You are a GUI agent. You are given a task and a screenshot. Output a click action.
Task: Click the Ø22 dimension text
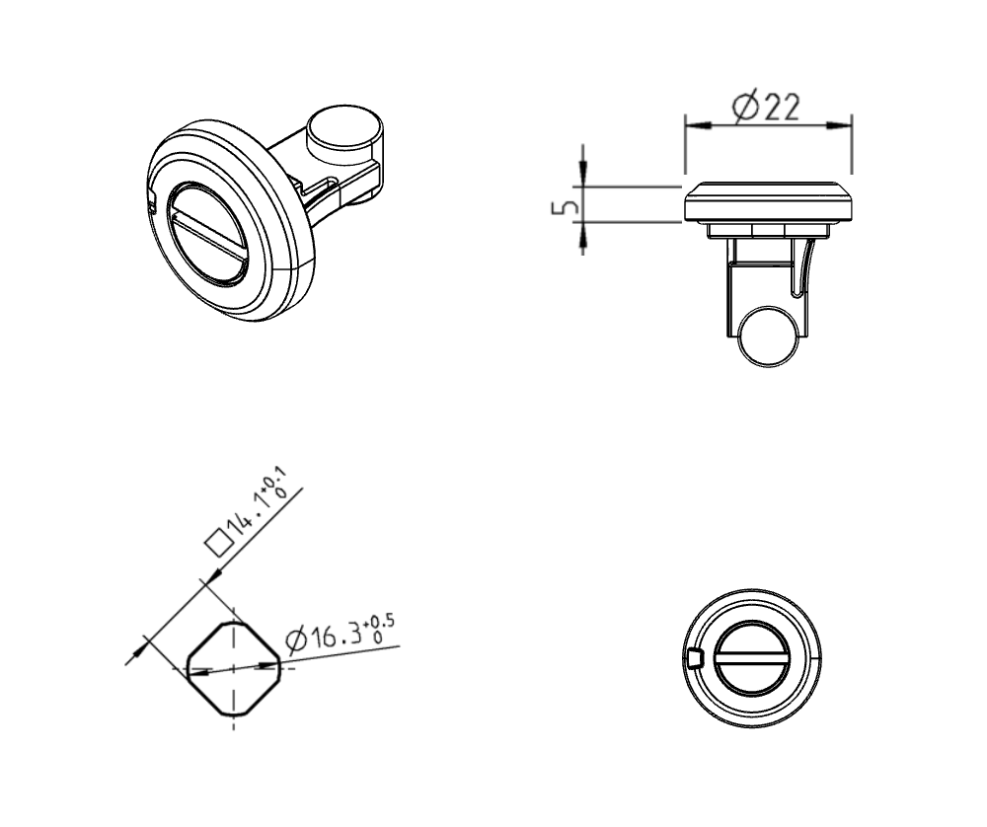pyautogui.click(x=767, y=106)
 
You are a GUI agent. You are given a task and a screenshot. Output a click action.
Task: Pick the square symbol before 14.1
pyautogui.click(x=214, y=542)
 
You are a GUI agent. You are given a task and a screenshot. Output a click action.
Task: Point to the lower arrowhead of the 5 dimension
pyautogui.click(x=582, y=233)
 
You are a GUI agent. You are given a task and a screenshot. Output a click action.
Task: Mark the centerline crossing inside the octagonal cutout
pyautogui.click(x=233, y=668)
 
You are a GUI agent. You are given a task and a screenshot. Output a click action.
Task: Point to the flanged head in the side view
pyautogui.click(x=768, y=202)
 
